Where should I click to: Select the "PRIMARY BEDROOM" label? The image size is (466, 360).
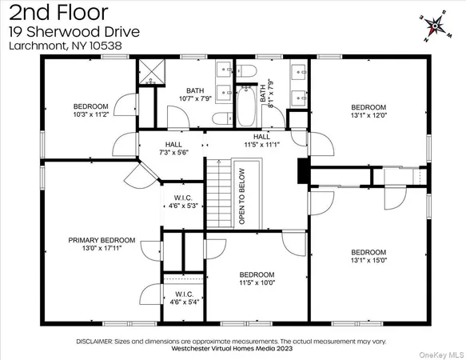coord(102,240)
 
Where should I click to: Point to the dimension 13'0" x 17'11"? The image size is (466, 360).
coord(102,249)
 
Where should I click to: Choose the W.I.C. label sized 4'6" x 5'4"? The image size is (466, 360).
coord(182,298)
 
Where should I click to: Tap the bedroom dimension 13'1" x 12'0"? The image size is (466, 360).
coord(368,115)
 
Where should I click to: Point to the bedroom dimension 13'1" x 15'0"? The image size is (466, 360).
coord(368,259)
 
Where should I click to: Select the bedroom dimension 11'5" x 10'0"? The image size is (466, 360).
coord(257,282)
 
